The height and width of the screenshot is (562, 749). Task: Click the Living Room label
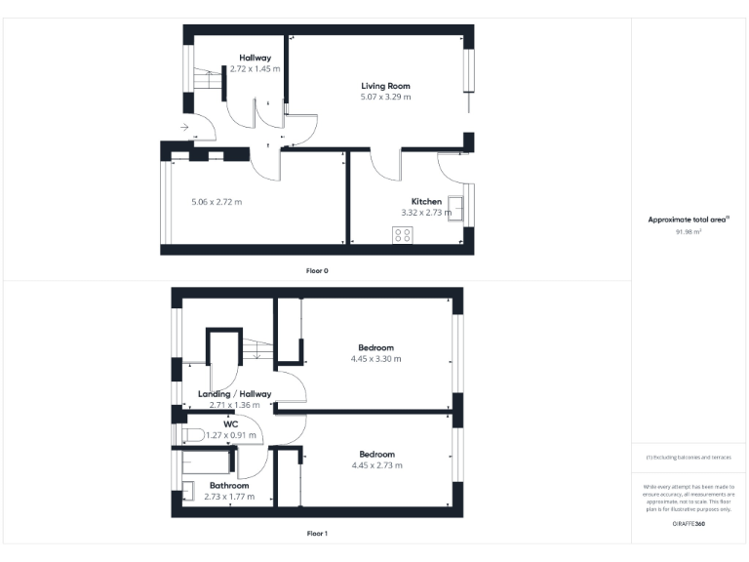tap(385, 86)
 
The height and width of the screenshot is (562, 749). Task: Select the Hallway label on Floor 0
tap(255, 58)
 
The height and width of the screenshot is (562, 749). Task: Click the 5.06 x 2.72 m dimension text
tap(216, 202)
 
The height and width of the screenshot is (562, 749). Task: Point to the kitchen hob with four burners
tap(402, 234)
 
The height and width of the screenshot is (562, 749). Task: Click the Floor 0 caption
tap(317, 270)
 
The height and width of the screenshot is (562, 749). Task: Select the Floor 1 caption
tap(317, 534)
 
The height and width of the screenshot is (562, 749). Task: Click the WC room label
tap(230, 424)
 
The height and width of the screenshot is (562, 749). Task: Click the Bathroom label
tap(229, 485)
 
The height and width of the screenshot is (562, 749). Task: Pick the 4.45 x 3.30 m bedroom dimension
tap(375, 359)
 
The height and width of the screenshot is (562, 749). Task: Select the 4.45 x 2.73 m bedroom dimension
tap(375, 465)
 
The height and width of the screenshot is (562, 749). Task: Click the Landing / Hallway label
tap(234, 393)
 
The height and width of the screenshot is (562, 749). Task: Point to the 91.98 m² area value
tap(689, 232)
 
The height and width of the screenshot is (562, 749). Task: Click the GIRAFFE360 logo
tap(689, 525)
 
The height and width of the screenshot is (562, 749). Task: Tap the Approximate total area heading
tap(689, 220)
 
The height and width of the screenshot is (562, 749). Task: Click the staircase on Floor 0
tap(206, 78)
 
